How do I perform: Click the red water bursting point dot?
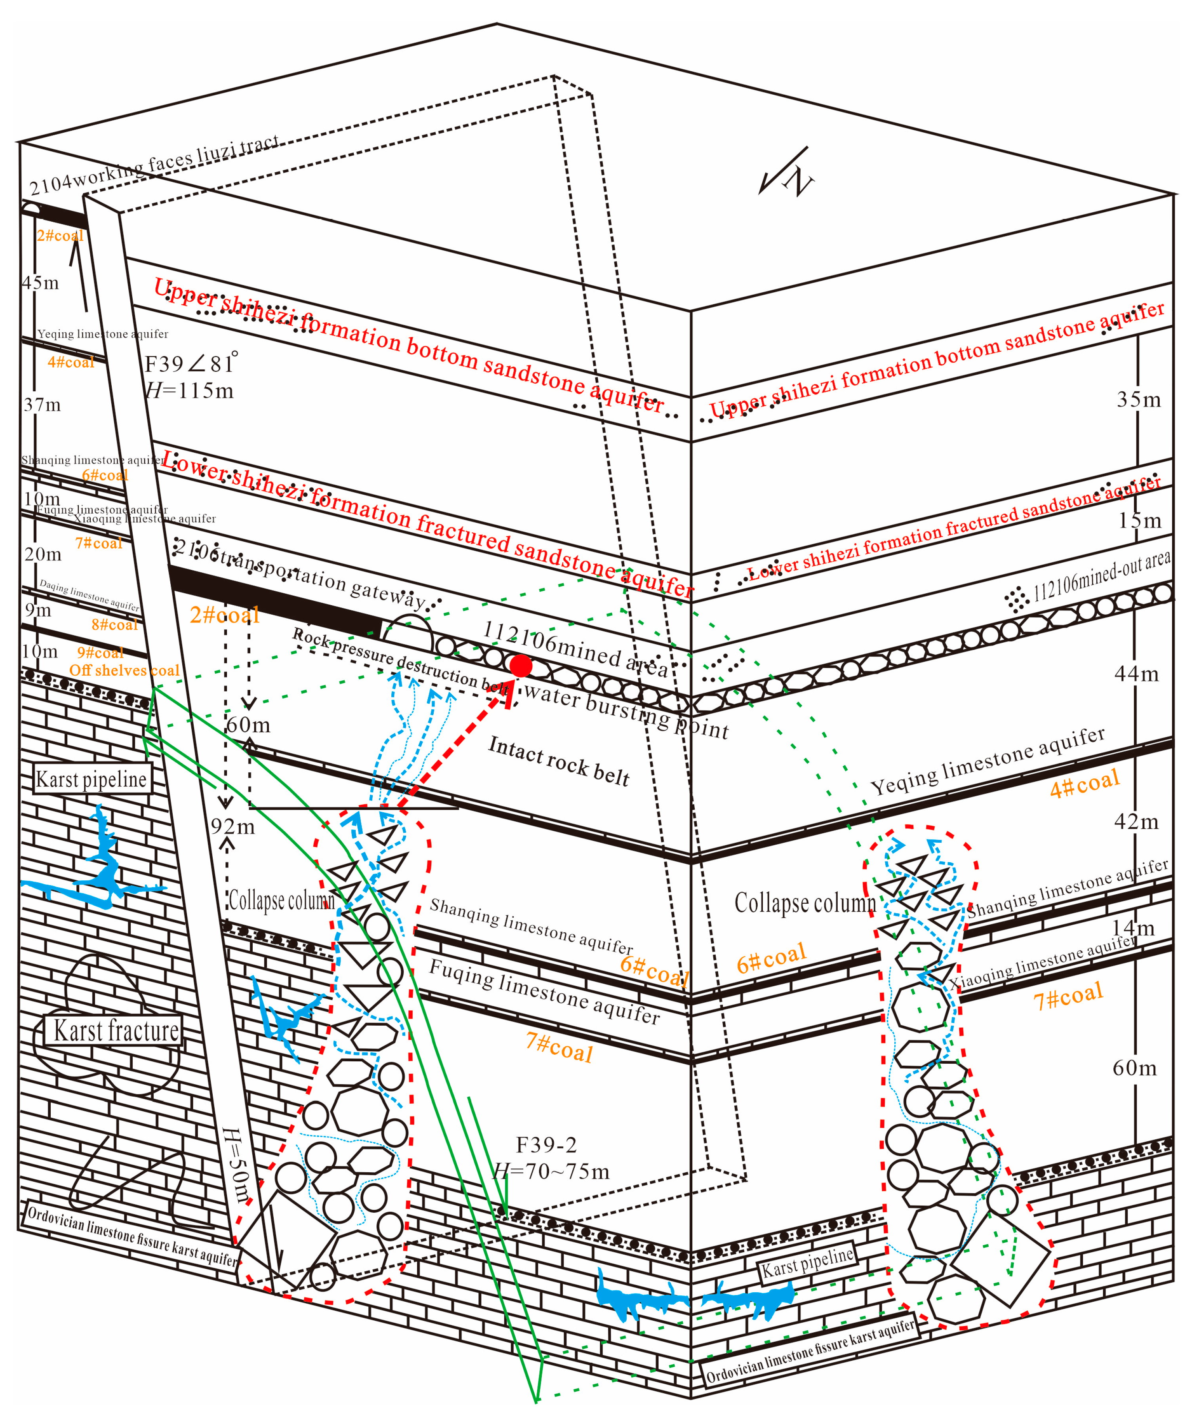click(520, 666)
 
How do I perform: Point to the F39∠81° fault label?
click(191, 364)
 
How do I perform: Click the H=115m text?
click(190, 391)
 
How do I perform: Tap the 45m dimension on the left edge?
click(41, 282)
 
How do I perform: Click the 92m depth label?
click(233, 827)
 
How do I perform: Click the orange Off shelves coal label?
click(125, 670)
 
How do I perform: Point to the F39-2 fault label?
click(546, 1145)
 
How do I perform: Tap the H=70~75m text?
click(551, 1171)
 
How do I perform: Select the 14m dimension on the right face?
click(1133, 927)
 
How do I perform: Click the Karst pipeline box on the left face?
click(91, 779)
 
